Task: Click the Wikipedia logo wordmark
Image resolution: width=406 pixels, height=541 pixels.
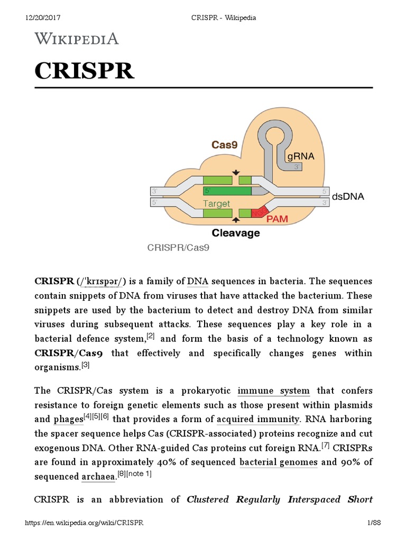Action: (x=77, y=39)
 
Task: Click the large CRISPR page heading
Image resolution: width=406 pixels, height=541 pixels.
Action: (x=85, y=71)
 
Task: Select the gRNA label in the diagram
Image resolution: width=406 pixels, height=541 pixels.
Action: (x=300, y=156)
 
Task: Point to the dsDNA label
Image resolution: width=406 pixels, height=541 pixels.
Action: (x=348, y=197)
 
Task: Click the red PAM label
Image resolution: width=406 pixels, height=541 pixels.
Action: (x=277, y=218)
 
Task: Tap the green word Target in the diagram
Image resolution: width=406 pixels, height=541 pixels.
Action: (x=217, y=203)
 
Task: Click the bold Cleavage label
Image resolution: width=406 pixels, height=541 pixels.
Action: (x=236, y=232)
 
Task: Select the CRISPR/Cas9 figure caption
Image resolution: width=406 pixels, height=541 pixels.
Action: (x=179, y=247)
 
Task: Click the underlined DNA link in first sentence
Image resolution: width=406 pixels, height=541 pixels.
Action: (x=198, y=281)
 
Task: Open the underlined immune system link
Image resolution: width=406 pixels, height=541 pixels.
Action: (x=274, y=391)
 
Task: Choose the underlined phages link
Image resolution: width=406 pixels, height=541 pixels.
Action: (x=68, y=420)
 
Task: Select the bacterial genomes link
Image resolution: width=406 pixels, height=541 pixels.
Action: (x=279, y=462)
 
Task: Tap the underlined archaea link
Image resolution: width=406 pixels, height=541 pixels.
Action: (x=98, y=477)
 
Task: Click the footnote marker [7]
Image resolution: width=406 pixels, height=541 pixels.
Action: (x=326, y=445)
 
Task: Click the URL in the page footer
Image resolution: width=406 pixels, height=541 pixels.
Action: (x=85, y=523)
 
